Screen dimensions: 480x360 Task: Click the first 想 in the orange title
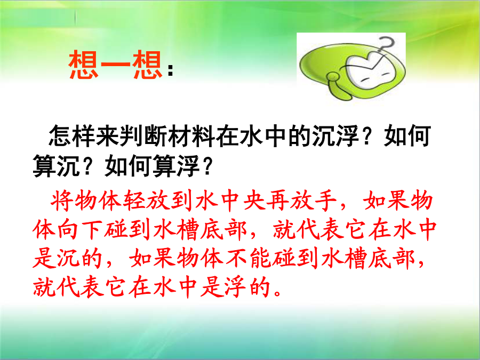[x=84, y=65]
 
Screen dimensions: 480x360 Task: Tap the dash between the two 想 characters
[x=115, y=65]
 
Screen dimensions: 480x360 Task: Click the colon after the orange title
[x=171, y=70]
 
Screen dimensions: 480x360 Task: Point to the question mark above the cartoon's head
[x=386, y=46]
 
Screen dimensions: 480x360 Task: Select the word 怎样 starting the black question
[x=72, y=136]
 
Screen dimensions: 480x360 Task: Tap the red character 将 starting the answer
[x=62, y=201]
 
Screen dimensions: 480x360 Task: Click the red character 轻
[x=134, y=201]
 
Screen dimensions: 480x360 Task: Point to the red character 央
[x=254, y=201]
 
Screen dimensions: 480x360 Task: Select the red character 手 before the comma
[x=326, y=201]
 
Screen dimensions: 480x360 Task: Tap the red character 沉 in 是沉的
[x=68, y=259]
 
